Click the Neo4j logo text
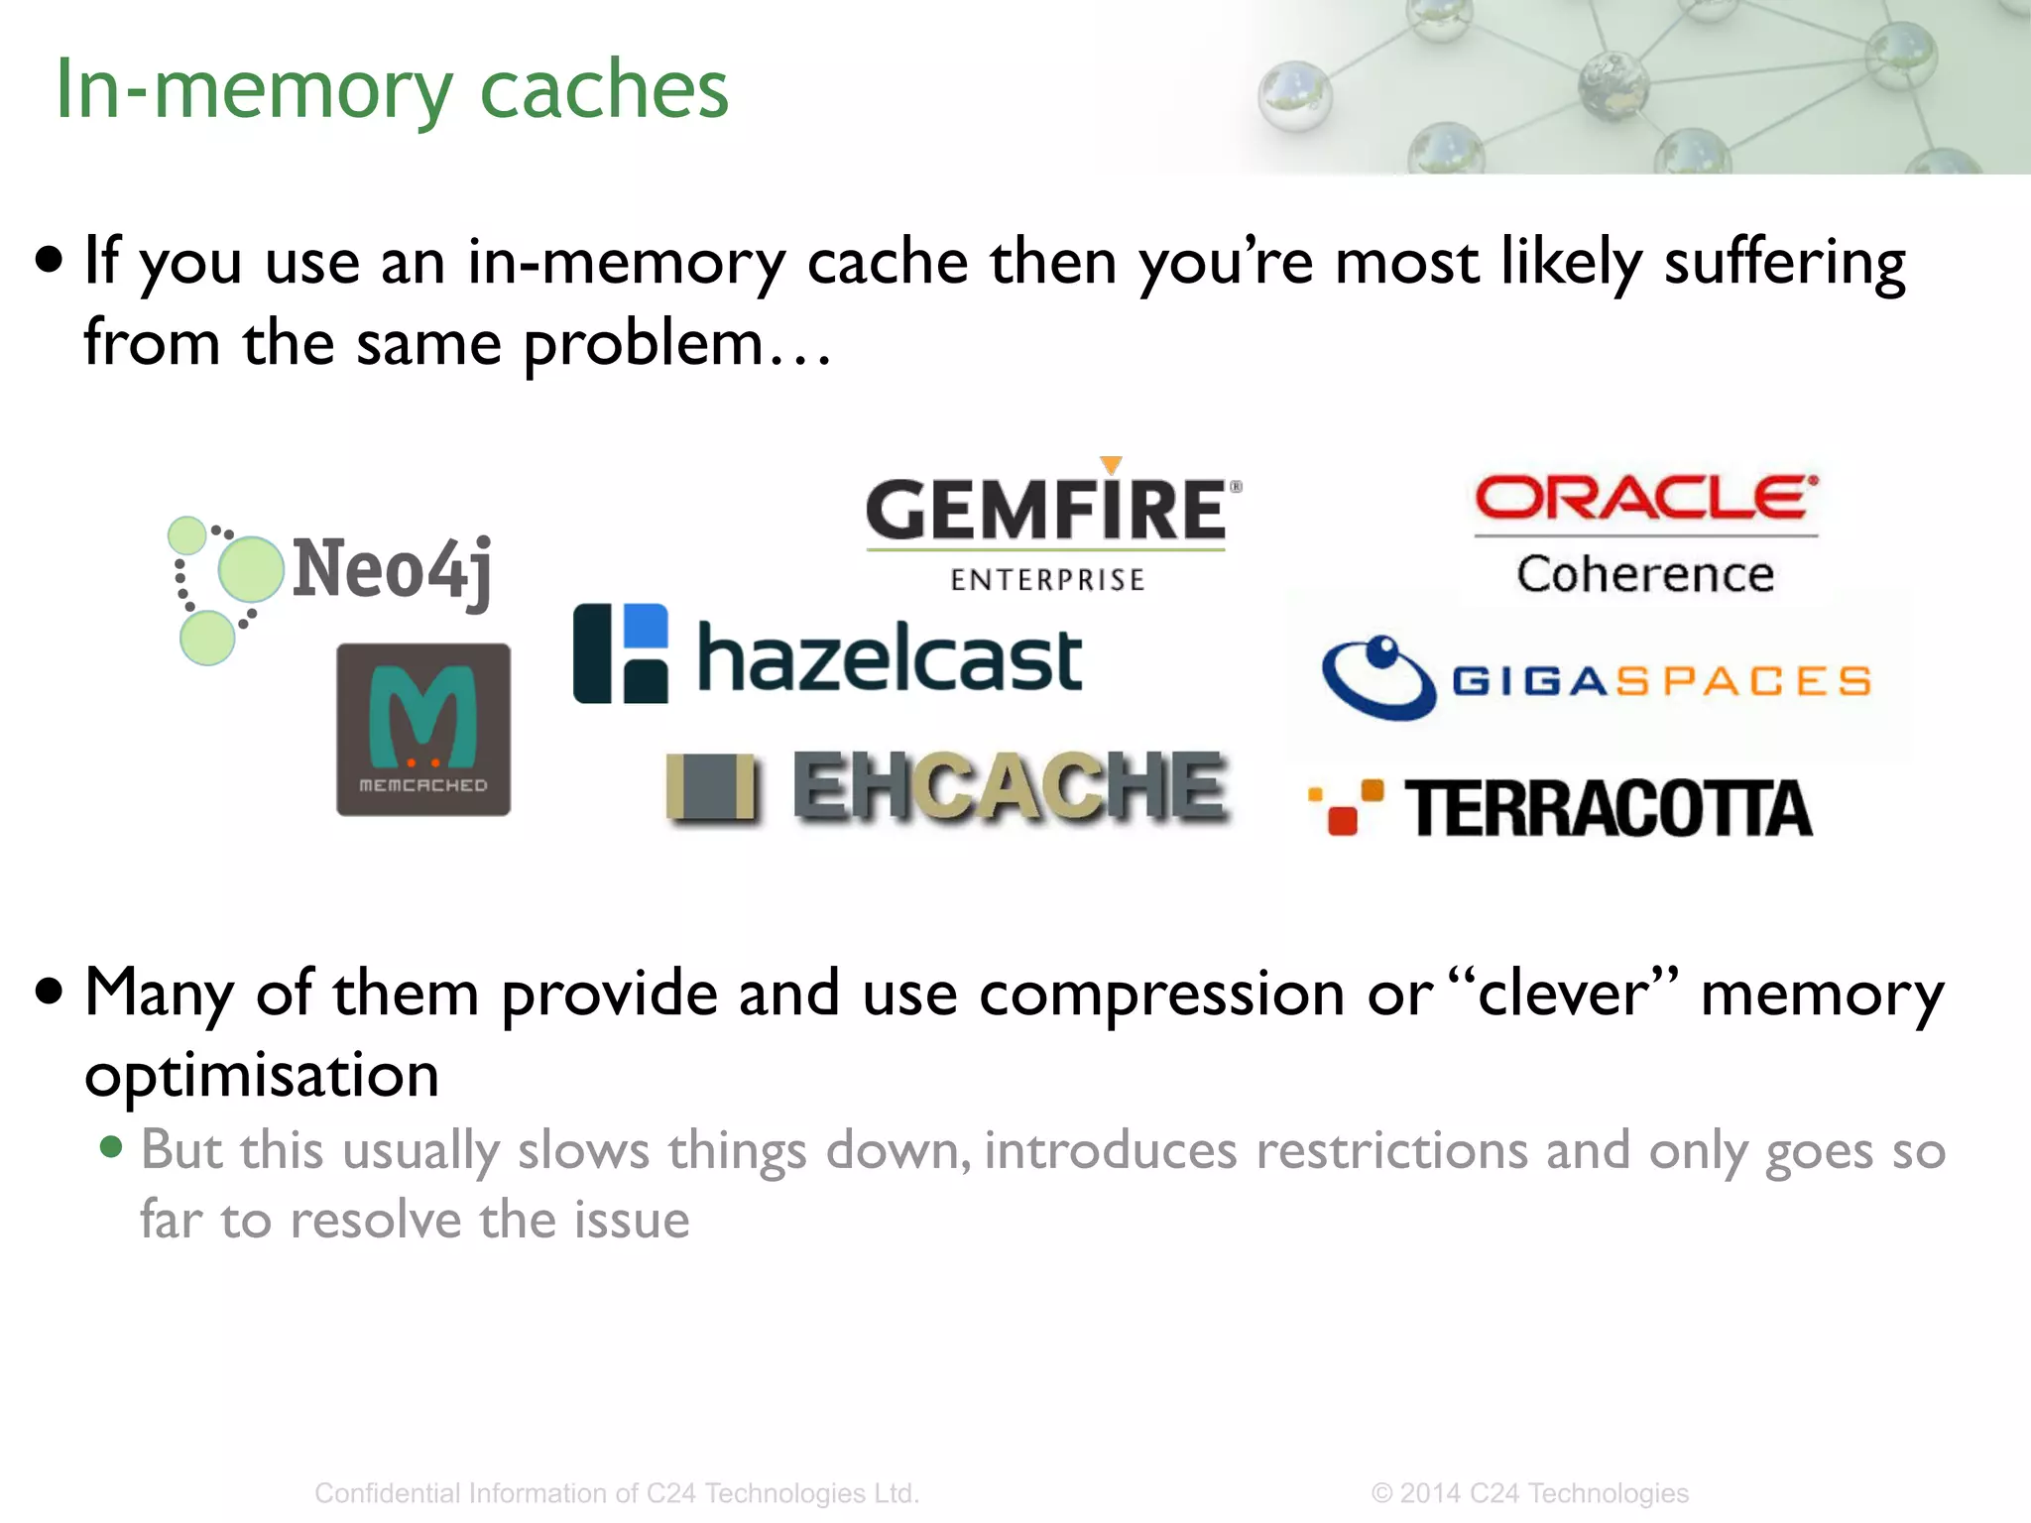[x=393, y=569]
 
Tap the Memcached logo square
[x=423, y=730]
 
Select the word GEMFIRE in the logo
[x=1046, y=510]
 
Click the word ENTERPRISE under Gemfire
[x=1047, y=580]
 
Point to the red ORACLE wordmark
[x=1645, y=498]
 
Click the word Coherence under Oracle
[x=1645, y=575]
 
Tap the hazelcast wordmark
[x=890, y=658]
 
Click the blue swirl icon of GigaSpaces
[x=1378, y=677]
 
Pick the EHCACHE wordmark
[x=1010, y=787]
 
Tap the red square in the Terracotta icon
[x=1342, y=821]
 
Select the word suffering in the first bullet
[x=1784, y=263]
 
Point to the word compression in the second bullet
[x=1161, y=994]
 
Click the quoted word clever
[x=1563, y=994]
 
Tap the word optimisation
[x=262, y=1075]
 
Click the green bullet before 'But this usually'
[x=111, y=1148]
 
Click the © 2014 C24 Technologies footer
[x=1529, y=1493]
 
